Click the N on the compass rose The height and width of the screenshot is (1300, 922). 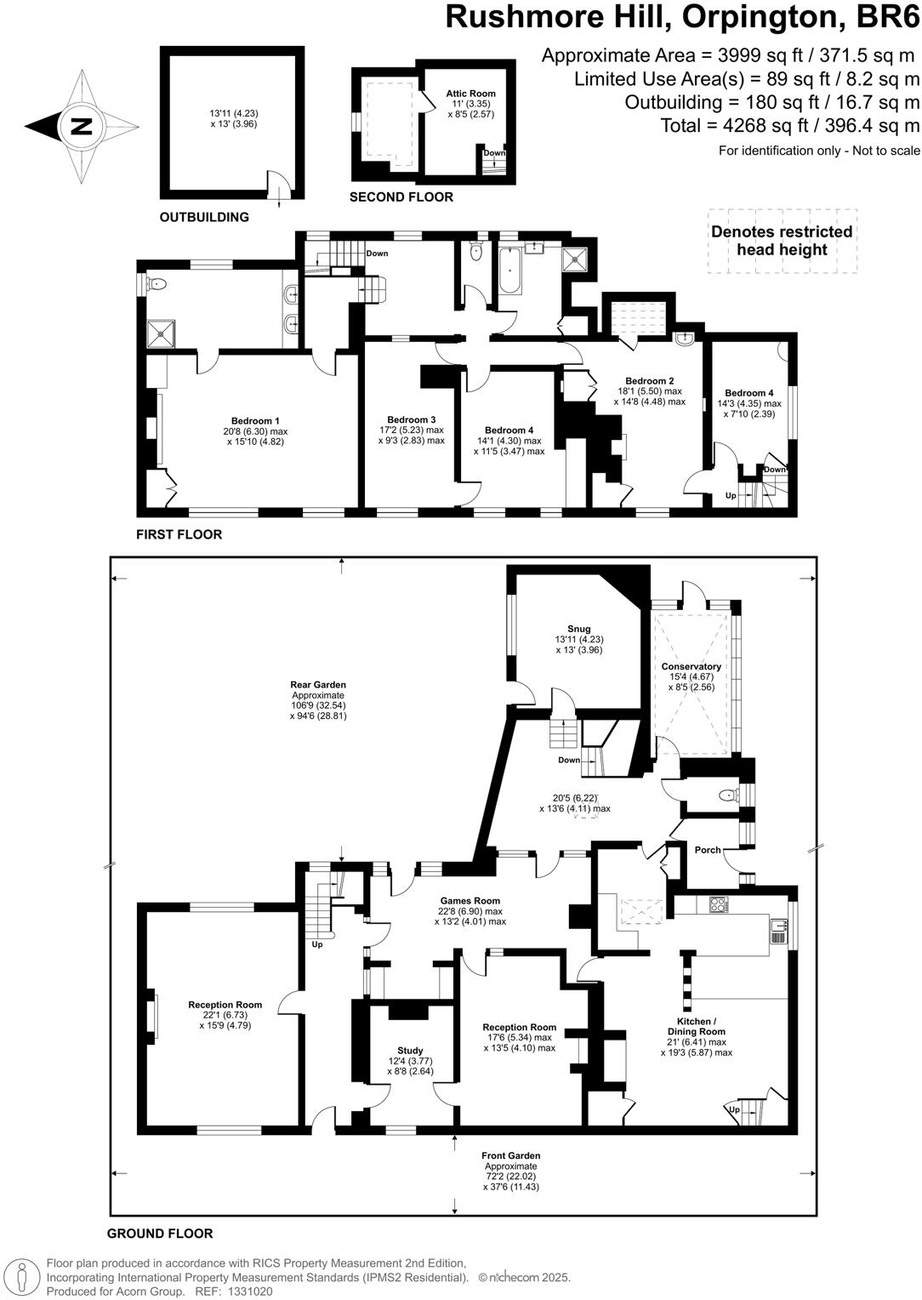82,127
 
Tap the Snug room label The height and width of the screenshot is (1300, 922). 578,629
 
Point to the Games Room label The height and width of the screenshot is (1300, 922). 470,900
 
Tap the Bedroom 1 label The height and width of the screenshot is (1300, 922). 255,420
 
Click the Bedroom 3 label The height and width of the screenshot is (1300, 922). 411,419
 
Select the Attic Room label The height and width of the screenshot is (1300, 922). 470,94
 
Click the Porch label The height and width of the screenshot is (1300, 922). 708,849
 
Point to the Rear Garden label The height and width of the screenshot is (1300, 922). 318,684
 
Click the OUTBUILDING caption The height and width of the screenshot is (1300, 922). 204,217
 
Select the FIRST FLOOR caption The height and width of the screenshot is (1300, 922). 179,534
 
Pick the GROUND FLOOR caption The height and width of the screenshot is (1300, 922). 160,1233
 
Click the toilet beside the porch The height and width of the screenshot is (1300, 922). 728,795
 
